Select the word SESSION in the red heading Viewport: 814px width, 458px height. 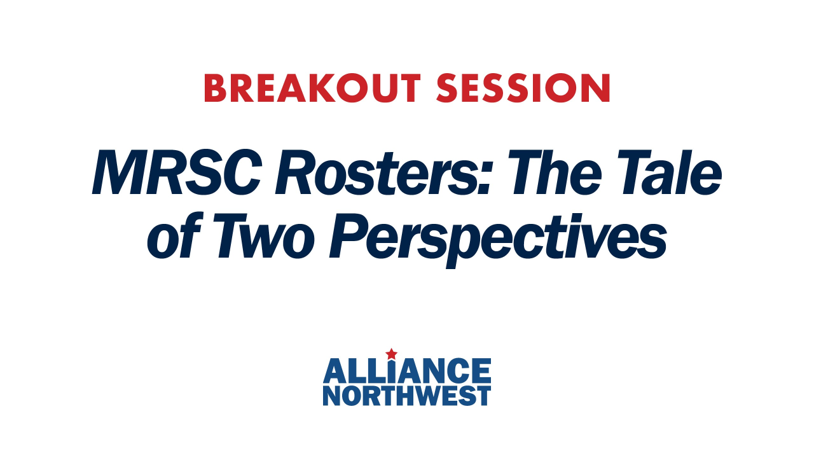(523, 89)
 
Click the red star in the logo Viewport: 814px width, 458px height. (391, 353)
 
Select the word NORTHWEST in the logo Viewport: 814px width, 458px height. (407, 395)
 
